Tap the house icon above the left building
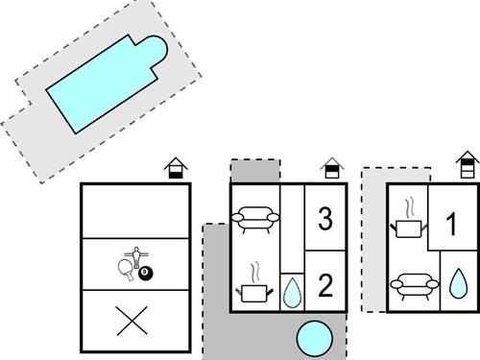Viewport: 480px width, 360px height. click(x=175, y=169)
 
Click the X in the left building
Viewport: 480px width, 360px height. click(x=129, y=321)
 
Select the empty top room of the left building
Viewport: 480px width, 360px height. click(x=135, y=210)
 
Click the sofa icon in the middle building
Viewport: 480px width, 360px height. click(x=256, y=220)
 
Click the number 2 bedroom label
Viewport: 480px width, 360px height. click(x=324, y=284)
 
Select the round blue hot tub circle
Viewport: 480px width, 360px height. click(x=313, y=338)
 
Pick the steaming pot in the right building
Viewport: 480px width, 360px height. click(x=410, y=224)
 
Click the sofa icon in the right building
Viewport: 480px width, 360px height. click(x=411, y=285)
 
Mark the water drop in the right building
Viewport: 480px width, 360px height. click(x=458, y=284)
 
